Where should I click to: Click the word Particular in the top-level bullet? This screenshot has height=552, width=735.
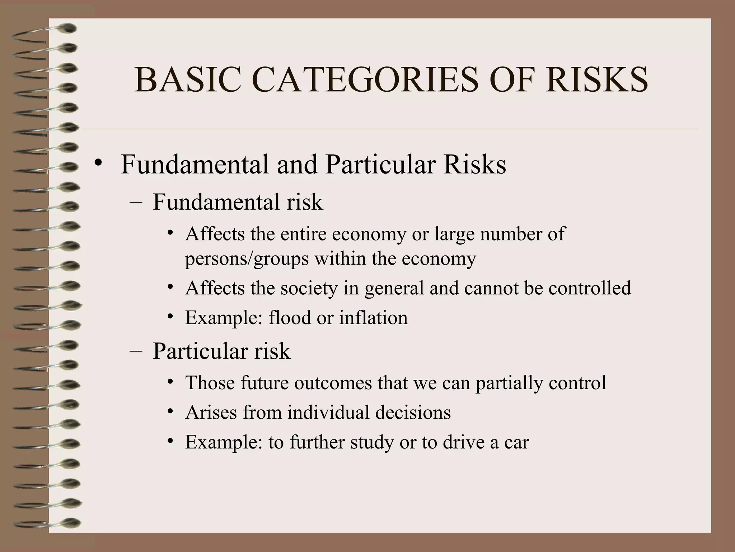pos(380,165)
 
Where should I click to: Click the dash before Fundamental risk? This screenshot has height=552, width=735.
pos(136,202)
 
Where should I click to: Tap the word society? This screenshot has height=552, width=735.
pos(309,288)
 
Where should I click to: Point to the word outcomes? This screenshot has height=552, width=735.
pos(333,383)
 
